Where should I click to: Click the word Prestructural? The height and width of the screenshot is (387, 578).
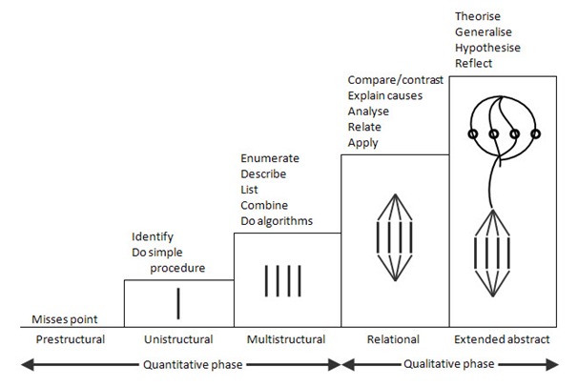[x=69, y=339]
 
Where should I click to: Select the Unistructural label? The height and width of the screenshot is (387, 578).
[x=177, y=339]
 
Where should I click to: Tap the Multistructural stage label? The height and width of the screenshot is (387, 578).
[x=286, y=339]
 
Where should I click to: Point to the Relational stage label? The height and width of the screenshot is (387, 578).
[x=393, y=339]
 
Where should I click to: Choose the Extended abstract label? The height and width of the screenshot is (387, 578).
[x=502, y=339]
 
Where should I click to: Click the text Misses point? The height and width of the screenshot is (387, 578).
[x=64, y=319]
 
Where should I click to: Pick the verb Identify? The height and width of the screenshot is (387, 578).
[x=153, y=236]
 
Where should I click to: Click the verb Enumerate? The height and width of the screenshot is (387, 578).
[x=270, y=158]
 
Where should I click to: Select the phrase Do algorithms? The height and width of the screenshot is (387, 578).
[x=277, y=221]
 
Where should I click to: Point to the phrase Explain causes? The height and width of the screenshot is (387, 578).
[x=385, y=96]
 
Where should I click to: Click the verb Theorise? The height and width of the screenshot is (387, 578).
[x=480, y=16]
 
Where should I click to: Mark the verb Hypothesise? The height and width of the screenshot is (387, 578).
[x=488, y=48]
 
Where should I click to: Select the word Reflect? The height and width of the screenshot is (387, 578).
[x=475, y=64]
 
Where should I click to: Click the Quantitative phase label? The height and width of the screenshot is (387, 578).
[x=180, y=363]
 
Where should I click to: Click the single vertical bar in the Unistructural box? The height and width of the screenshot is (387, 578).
[x=178, y=302]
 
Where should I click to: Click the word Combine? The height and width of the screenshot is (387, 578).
[x=265, y=206]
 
